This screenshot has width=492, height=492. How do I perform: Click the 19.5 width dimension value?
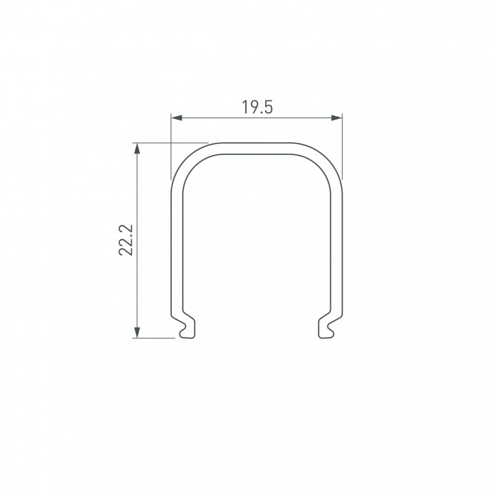click(x=256, y=107)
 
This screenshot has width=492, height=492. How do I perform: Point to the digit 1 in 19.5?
click(x=243, y=107)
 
